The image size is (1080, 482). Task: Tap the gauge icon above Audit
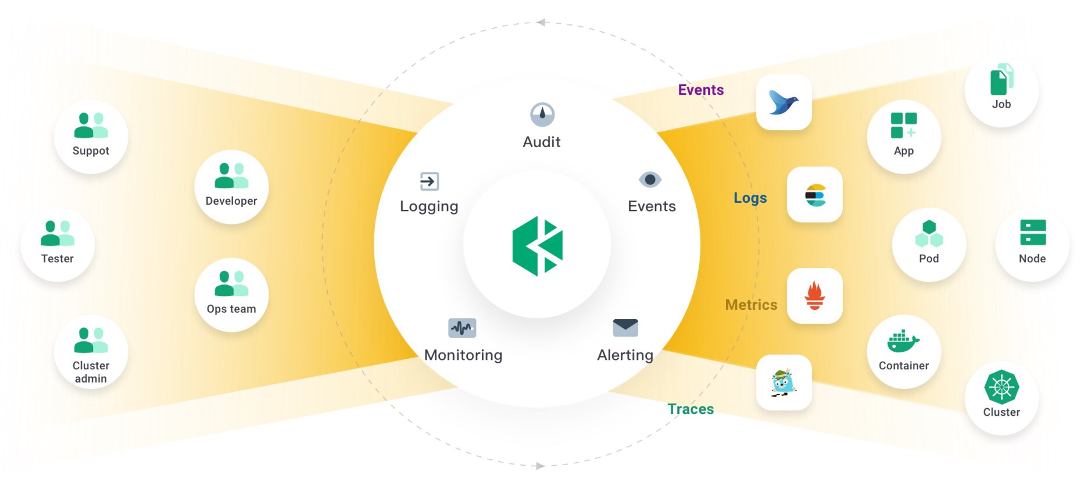[542, 115]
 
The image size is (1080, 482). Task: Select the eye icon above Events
[650, 180]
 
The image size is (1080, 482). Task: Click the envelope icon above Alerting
[625, 327]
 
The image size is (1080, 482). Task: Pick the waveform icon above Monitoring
[462, 328]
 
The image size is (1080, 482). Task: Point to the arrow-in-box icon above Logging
[430, 181]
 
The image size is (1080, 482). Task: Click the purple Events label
[700, 90]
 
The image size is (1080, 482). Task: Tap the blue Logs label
[750, 198]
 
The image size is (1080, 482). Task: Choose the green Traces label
[690, 409]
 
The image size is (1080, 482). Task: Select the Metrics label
[750, 305]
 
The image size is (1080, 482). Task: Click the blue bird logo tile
[784, 102]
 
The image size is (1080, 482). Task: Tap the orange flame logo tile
[814, 296]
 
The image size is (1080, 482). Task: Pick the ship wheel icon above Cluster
[1001, 387]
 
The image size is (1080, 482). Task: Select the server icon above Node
[1032, 233]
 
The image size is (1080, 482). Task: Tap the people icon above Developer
[231, 176]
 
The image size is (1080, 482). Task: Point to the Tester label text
[58, 259]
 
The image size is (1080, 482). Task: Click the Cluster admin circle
[91, 353]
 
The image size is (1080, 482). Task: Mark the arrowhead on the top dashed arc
[541, 23]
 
